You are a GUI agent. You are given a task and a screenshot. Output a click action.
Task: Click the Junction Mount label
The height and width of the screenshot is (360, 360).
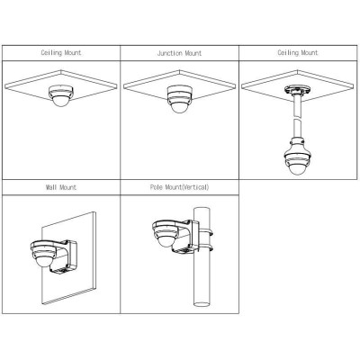tap(179, 53)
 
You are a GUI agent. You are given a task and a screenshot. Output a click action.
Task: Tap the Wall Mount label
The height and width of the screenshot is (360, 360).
tap(61, 187)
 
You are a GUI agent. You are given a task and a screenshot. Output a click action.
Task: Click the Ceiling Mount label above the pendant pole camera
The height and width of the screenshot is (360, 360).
tap(298, 53)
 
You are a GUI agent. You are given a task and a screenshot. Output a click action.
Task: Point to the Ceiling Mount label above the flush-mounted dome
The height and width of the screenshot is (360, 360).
tap(61, 53)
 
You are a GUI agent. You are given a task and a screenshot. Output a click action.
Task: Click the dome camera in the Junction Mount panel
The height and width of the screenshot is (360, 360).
tap(180, 99)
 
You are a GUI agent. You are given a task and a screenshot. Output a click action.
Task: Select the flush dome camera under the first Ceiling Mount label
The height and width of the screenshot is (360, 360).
tap(61, 96)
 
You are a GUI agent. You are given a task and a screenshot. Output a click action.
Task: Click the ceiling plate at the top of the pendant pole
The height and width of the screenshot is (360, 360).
tap(298, 90)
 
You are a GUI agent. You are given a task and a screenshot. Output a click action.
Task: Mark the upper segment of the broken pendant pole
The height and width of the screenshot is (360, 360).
tap(298, 105)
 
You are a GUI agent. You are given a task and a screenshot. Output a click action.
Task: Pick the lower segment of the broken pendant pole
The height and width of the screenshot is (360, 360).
tap(298, 129)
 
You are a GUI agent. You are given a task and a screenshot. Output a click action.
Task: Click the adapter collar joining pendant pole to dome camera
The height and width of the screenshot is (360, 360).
tap(298, 143)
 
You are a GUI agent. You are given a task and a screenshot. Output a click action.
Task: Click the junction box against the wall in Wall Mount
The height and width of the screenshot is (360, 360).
tap(67, 257)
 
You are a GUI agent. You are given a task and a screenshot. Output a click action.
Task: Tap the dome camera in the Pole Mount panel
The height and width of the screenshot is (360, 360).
tap(166, 234)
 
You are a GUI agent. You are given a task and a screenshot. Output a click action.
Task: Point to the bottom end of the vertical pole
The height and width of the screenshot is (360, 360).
tap(202, 303)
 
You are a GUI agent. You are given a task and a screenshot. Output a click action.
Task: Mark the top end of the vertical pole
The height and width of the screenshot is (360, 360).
tap(202, 209)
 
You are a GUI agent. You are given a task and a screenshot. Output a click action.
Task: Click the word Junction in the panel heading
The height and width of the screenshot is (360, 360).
tap(169, 53)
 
